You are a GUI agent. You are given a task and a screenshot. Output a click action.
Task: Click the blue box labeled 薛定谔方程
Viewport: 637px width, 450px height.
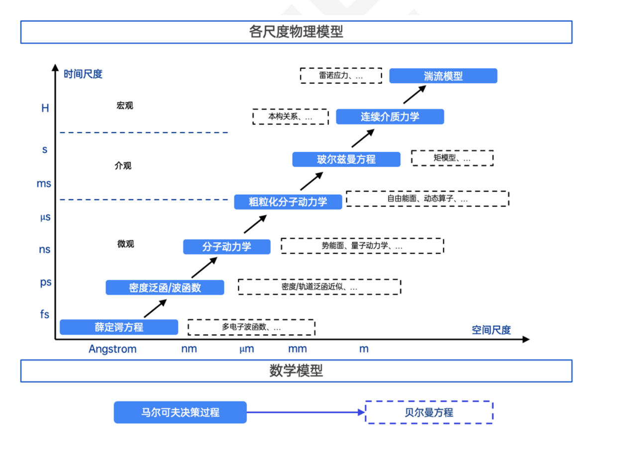[119, 327]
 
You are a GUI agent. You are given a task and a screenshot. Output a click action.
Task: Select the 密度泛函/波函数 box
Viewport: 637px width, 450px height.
[165, 287]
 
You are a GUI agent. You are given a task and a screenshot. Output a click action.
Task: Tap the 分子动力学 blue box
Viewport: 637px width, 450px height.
[227, 247]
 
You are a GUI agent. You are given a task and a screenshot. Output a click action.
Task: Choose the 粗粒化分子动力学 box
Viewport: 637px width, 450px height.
[288, 202]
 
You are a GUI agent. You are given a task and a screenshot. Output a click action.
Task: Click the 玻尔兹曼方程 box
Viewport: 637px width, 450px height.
[346, 159]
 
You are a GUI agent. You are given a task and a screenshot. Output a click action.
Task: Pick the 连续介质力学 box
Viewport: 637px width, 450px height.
[390, 116]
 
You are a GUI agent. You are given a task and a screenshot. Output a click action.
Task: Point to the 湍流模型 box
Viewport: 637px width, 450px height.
[443, 76]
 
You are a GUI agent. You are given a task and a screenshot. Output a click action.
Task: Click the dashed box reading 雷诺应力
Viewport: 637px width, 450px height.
[341, 76]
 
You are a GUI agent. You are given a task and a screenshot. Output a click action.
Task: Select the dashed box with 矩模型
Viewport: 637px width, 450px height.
[452, 158]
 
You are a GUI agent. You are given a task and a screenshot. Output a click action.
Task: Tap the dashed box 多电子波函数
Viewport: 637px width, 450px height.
[251, 327]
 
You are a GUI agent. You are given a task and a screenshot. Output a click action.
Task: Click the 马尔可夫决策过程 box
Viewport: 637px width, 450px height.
[180, 412]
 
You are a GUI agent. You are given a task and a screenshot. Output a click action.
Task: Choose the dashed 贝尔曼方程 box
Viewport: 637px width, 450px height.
[429, 412]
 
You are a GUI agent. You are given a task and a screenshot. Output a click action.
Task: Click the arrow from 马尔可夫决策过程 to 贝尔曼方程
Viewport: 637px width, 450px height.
[306, 412]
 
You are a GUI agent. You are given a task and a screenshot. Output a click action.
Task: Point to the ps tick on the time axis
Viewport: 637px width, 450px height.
[46, 282]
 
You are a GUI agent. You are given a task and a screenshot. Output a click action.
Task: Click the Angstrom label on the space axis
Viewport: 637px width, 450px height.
[112, 349]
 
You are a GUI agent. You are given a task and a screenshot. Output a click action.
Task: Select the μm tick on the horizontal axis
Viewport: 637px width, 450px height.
[247, 349]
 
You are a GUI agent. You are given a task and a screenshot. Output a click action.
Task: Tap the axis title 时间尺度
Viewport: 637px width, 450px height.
[83, 74]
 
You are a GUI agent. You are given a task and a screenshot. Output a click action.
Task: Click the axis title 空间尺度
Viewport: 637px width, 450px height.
[491, 330]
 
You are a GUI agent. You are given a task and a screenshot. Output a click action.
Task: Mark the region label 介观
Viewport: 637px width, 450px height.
[123, 166]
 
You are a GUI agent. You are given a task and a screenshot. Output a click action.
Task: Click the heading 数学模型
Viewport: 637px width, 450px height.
[296, 371]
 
